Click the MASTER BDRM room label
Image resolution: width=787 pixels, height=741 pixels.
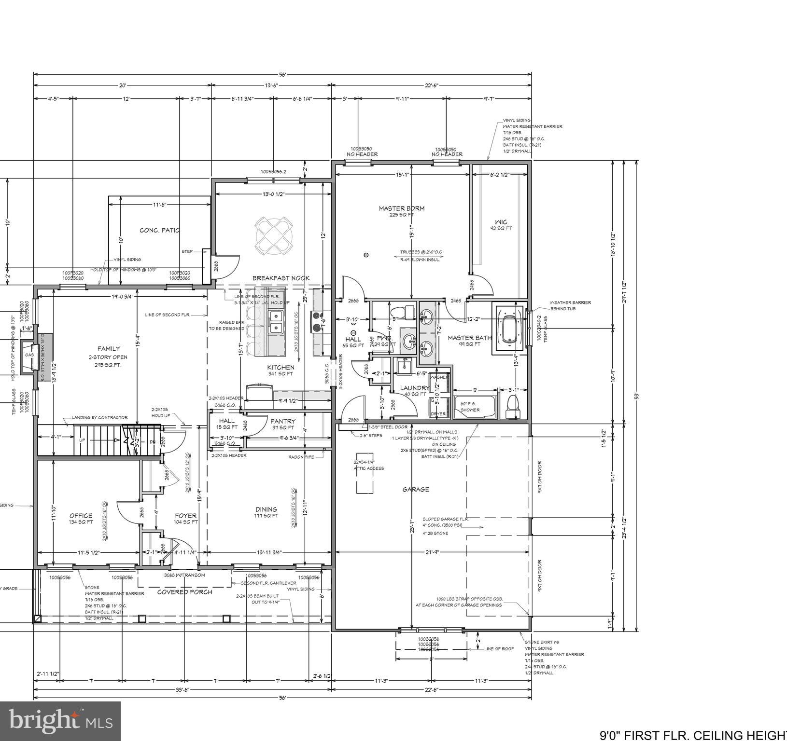coord(401,208)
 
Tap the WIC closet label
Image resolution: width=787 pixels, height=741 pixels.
coord(501,222)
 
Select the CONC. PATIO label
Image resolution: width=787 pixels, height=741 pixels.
coord(159,230)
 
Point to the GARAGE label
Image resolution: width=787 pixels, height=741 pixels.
coord(416,489)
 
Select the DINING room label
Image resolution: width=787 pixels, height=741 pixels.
coord(266,509)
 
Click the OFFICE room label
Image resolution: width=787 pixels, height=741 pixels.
coord(81,516)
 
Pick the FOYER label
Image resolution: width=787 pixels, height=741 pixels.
coord(185,516)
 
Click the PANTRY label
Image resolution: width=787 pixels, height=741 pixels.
coord(282,421)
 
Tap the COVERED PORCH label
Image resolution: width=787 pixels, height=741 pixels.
coord(185,592)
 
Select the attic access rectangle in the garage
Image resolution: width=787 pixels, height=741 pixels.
coord(365,473)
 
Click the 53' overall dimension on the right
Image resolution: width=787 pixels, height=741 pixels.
coord(637,396)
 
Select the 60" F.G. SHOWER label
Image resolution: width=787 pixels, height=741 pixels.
coord(470,407)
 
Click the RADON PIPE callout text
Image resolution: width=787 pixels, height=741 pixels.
coord(302,457)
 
